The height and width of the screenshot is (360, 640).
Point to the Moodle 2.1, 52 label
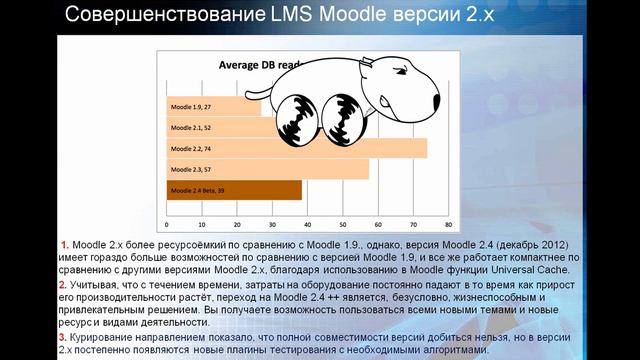(x=191, y=128)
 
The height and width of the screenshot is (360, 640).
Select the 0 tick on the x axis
(x=167, y=223)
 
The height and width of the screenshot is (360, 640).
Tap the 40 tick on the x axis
(x=308, y=223)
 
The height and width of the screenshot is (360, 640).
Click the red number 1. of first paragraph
(x=65, y=245)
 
